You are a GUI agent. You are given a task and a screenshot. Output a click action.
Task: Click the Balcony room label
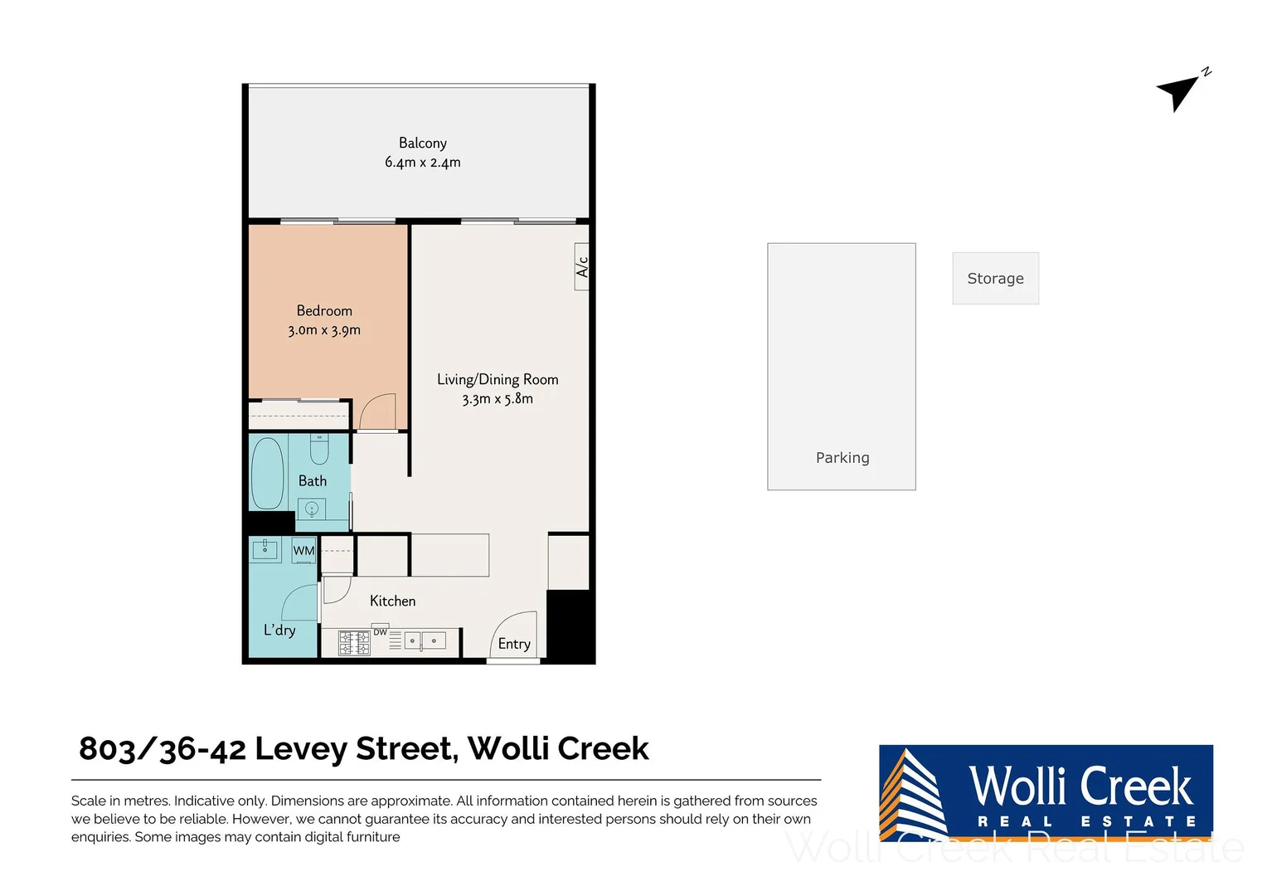422,143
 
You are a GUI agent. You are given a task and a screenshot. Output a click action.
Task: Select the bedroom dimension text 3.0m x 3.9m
324,330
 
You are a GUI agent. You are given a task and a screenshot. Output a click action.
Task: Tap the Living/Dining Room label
498,379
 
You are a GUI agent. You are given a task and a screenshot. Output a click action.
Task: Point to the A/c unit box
582,267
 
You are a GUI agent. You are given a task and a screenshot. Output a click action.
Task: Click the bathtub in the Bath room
268,473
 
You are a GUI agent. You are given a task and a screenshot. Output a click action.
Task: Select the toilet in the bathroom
319,449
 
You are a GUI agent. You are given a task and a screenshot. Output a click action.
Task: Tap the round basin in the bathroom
312,508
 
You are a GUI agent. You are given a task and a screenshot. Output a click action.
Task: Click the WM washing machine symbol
303,551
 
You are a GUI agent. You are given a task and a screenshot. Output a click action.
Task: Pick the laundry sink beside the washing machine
265,549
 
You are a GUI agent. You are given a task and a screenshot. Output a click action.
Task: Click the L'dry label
279,630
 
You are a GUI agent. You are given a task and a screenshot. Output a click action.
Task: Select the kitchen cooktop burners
354,643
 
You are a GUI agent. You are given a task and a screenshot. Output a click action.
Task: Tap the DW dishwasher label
381,632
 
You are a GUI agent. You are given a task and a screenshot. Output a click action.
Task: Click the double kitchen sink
424,641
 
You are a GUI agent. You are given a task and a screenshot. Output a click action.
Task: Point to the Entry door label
514,644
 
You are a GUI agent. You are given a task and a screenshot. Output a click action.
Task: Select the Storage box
995,279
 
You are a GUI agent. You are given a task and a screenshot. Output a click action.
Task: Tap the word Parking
842,458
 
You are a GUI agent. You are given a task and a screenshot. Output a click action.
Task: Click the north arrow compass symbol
1179,90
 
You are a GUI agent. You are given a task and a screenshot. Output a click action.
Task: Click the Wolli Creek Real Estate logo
1046,792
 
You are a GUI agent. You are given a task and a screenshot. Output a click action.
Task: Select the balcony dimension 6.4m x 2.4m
422,163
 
